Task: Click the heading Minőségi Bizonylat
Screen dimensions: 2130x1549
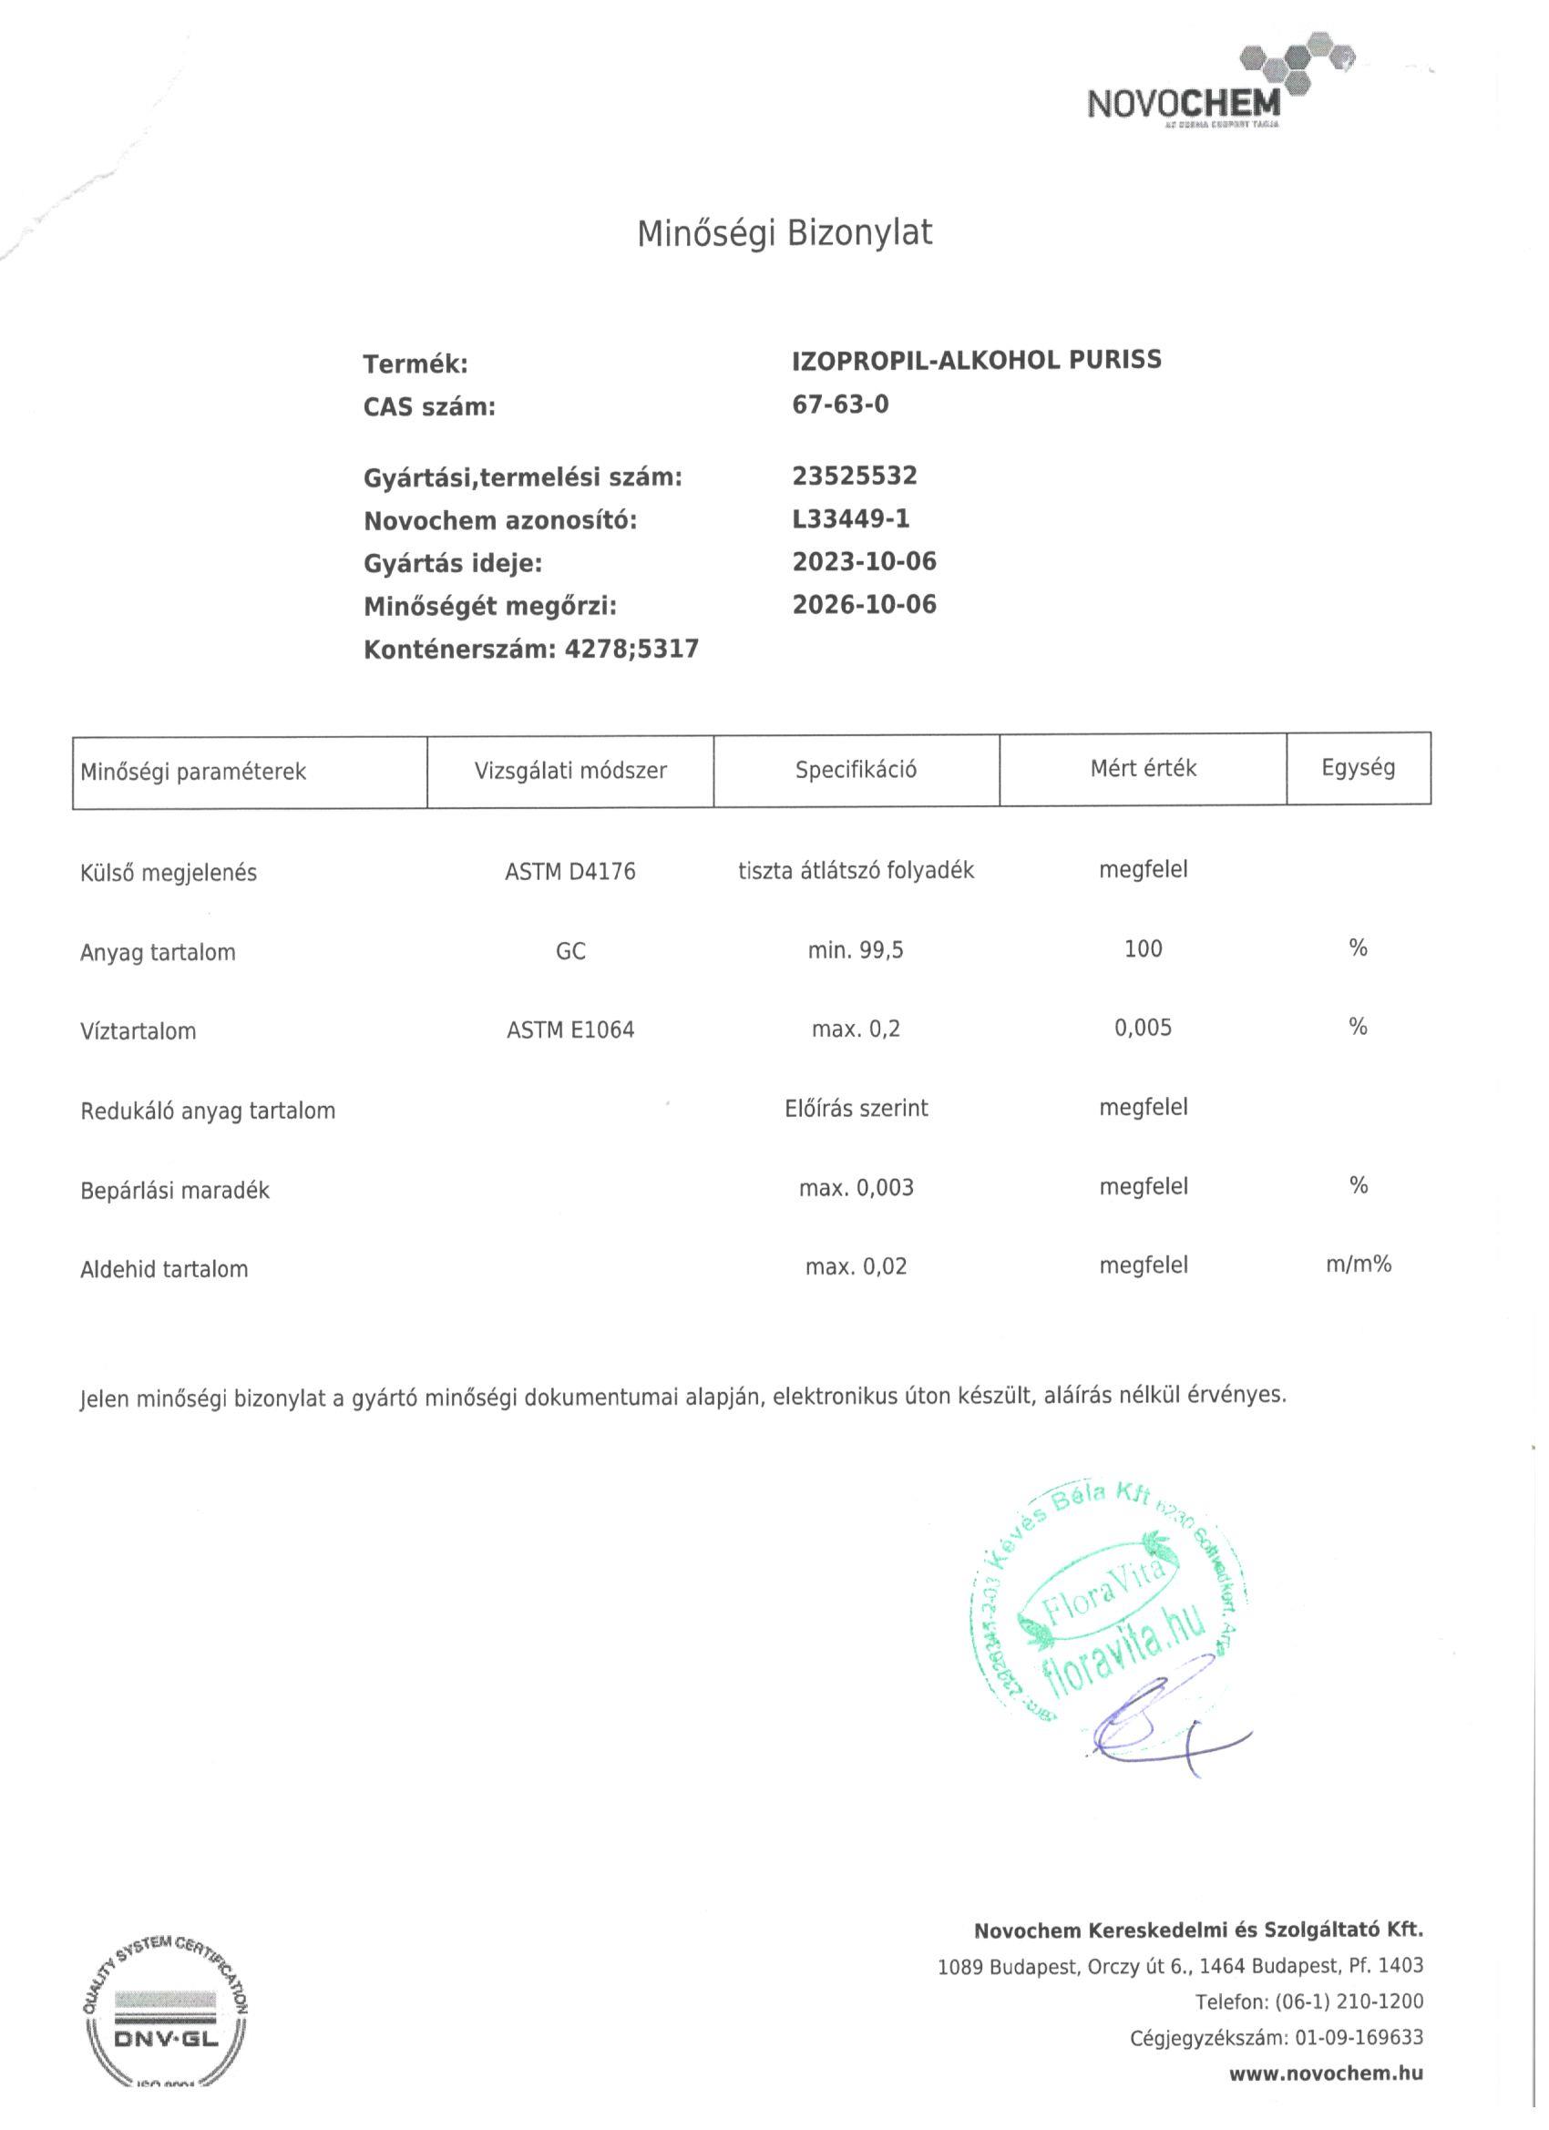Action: point(785,233)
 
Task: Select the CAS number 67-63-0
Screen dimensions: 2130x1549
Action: point(840,404)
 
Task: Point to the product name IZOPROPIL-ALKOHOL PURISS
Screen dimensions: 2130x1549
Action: point(976,361)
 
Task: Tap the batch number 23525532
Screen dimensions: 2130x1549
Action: point(854,476)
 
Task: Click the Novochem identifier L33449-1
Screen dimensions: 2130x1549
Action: point(850,518)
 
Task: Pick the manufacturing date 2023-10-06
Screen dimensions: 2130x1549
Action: point(864,561)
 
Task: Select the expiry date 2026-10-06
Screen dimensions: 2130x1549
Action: point(864,604)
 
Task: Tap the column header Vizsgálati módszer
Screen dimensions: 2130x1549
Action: point(570,771)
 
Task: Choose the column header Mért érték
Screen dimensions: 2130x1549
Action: point(1143,768)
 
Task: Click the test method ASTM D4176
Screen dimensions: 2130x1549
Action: point(570,872)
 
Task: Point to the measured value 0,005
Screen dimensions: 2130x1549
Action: point(1143,1028)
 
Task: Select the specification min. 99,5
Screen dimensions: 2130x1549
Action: point(855,950)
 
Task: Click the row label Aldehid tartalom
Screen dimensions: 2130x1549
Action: point(164,1270)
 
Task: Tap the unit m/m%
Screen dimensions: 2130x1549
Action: point(1358,1265)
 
